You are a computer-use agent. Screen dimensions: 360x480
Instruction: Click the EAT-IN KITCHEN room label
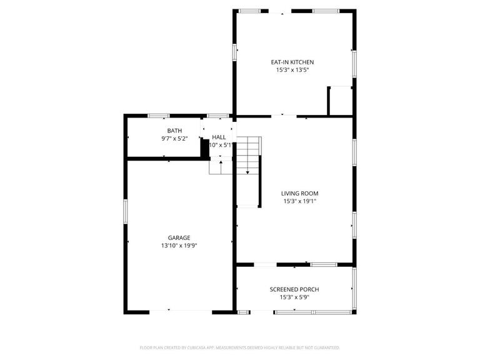point(292,62)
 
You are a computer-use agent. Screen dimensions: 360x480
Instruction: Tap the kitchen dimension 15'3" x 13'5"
point(292,70)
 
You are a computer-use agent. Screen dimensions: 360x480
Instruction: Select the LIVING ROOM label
point(299,193)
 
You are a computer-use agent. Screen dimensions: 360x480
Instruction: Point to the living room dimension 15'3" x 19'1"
point(299,201)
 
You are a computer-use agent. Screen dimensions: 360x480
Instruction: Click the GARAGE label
point(179,237)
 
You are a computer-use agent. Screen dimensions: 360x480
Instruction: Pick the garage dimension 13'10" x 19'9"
point(179,246)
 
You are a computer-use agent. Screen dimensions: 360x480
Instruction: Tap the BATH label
point(174,131)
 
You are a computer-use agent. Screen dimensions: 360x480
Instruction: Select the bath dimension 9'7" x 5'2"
point(174,139)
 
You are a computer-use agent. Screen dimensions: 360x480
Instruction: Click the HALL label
point(219,137)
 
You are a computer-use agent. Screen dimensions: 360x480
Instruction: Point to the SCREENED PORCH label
point(294,289)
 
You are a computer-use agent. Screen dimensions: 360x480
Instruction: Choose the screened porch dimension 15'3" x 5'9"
point(294,297)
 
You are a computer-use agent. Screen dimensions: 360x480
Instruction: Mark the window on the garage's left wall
point(126,211)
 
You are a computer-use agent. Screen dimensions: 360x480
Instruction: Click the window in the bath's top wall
point(159,116)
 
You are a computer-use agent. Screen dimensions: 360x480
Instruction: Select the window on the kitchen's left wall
point(235,51)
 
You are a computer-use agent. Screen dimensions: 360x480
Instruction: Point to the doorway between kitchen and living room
point(283,116)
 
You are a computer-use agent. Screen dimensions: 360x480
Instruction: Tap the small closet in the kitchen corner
point(341,101)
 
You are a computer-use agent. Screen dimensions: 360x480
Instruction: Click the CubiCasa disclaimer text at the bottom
point(240,347)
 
